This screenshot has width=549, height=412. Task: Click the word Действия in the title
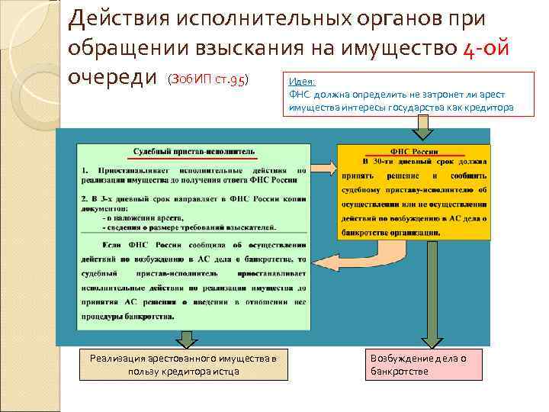(x=111, y=18)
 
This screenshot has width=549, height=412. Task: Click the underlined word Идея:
(x=302, y=82)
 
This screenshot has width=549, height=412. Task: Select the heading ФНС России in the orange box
(x=414, y=151)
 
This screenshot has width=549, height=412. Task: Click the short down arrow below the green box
(x=186, y=339)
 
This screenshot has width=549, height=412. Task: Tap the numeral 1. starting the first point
(x=85, y=169)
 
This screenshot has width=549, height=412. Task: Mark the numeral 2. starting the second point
(x=85, y=197)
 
